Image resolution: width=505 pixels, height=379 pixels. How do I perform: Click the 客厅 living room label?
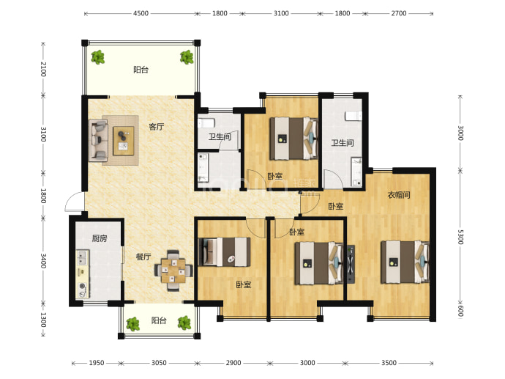point(156,126)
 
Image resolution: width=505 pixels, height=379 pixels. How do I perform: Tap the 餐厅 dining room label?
point(143,257)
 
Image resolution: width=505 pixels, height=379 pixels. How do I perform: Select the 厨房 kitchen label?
point(100,238)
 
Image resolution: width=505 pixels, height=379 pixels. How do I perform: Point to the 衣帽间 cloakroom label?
point(399,195)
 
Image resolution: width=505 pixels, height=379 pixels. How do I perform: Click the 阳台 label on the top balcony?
point(141,70)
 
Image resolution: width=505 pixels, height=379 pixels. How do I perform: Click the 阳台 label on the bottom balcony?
point(159,320)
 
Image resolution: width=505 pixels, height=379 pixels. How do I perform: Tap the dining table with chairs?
point(173,271)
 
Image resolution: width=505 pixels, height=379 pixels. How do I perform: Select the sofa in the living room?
point(98,141)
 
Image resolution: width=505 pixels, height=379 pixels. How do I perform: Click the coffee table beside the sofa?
point(124,141)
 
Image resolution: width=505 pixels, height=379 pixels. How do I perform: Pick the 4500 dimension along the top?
point(141,13)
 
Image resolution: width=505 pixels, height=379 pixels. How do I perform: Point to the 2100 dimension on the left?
point(43,69)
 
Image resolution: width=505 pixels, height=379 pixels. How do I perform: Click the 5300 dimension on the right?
point(460,237)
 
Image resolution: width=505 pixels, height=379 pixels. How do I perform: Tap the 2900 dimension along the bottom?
point(233,363)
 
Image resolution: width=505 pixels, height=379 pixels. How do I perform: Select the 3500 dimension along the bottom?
point(389,363)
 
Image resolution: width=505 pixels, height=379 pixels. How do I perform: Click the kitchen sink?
point(83,258)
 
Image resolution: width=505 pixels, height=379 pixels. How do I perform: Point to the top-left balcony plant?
point(97,57)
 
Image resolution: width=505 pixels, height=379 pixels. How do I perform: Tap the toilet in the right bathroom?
point(353,116)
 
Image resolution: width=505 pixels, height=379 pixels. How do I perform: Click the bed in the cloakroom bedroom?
point(405,262)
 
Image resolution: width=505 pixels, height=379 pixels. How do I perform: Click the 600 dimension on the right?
point(460,311)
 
